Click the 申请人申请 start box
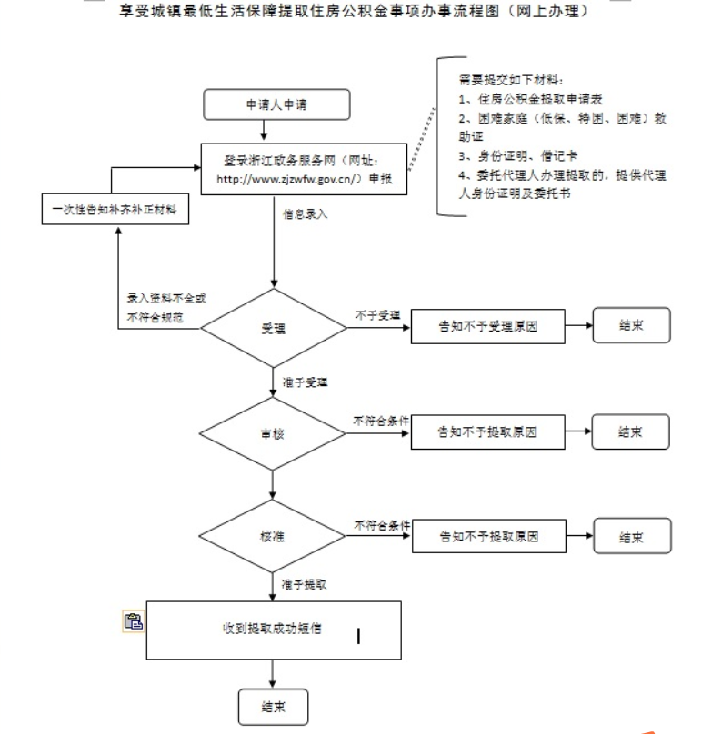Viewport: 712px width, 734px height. [x=276, y=104]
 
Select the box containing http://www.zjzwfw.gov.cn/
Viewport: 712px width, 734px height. [x=304, y=169]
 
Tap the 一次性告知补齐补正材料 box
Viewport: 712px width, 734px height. [x=115, y=209]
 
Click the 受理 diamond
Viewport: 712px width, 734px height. [x=274, y=328]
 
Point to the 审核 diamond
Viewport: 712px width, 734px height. [x=272, y=434]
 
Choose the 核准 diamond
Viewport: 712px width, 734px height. [x=272, y=536]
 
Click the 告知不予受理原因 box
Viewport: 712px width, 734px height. [x=488, y=326]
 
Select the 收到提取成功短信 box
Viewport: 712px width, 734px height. [x=274, y=630]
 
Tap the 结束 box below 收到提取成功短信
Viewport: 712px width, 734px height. [x=274, y=707]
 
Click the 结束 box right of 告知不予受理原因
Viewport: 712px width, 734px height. [x=631, y=325]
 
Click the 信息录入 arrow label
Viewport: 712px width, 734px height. [x=306, y=214]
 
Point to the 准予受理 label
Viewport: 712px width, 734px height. [x=306, y=382]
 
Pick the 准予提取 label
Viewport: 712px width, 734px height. [x=304, y=584]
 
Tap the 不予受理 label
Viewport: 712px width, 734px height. [x=377, y=315]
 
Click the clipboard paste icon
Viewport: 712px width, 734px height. [x=134, y=621]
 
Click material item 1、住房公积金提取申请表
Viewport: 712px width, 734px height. [x=531, y=99]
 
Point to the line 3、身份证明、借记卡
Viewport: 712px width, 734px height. [x=518, y=156]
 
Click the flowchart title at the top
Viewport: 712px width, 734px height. [x=354, y=10]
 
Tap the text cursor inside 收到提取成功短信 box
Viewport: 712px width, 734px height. [x=358, y=636]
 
